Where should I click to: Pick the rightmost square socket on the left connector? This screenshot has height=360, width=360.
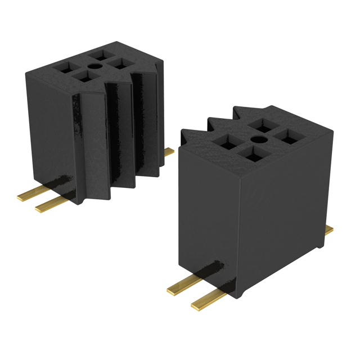point(120,64)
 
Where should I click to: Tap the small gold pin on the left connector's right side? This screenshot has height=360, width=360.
point(169,151)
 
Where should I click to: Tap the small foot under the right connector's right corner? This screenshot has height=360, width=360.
point(320,245)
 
